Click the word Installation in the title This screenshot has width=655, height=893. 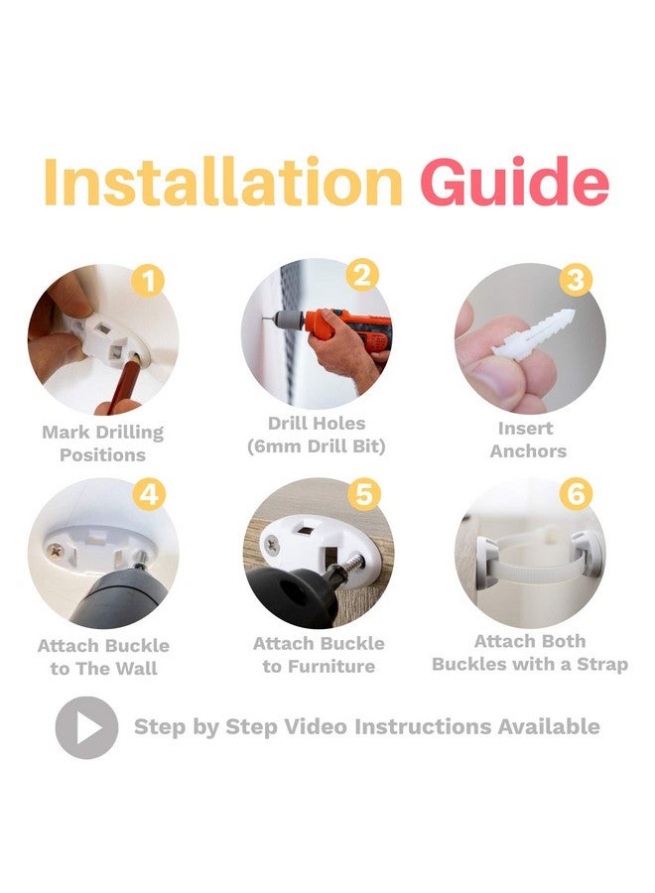point(222,182)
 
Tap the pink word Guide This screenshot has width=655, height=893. point(514,181)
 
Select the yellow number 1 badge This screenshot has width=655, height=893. point(148,281)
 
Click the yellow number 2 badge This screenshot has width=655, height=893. point(362,275)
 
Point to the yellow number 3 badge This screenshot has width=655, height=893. point(576,280)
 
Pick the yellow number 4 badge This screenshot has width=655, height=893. point(149,494)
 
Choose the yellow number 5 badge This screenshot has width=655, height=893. point(364,494)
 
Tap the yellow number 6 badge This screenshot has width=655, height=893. point(576,493)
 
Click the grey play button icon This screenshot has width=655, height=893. point(86,727)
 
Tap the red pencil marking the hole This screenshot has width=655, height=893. point(122,383)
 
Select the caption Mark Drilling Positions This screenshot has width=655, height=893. point(102,444)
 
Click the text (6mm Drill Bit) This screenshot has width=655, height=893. point(317,446)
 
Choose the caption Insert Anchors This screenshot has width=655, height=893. point(528,440)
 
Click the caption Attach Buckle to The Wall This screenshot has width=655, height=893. point(103,657)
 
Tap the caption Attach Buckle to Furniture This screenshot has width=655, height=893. point(319,655)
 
